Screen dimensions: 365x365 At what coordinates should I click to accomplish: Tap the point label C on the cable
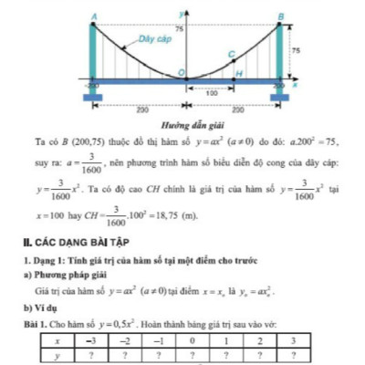click(231, 56)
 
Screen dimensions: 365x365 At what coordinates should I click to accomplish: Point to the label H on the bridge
click(239, 72)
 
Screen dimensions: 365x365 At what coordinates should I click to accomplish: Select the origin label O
click(180, 71)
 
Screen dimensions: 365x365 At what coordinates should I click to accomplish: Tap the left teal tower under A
click(93, 51)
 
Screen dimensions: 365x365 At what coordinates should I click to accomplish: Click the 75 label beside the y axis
click(179, 29)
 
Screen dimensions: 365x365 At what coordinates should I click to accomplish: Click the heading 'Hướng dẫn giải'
click(186, 123)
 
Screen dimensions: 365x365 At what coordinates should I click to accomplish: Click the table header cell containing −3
click(89, 337)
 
